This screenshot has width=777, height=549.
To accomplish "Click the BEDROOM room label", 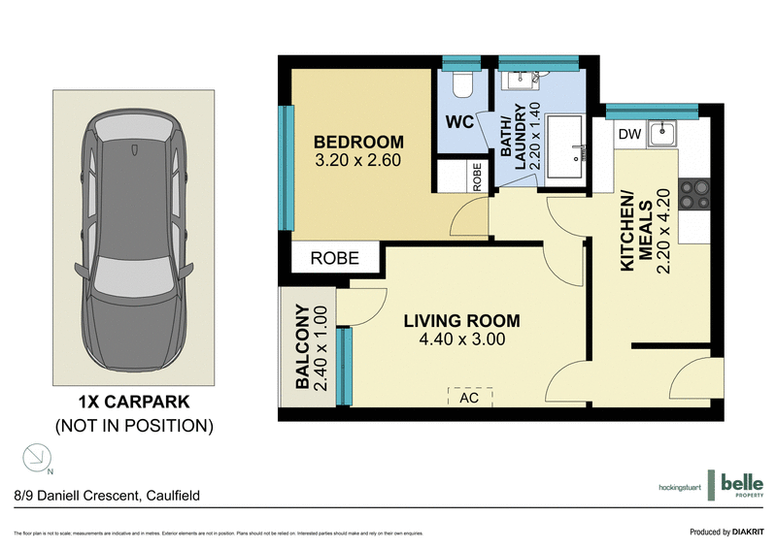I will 357,141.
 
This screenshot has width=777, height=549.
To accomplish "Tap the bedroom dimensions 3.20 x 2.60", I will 357,161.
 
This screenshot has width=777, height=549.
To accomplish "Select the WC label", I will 459,123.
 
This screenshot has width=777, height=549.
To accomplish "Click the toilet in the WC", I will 462,85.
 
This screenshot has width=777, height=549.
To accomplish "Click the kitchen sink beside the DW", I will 664,132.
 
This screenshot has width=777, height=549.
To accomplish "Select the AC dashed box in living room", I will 470,397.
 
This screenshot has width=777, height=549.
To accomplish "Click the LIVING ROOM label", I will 462,321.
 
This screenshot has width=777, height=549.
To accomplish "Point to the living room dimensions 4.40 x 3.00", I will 462,340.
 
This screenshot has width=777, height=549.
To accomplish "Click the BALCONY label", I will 302,347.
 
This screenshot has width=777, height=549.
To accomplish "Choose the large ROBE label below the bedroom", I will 334,258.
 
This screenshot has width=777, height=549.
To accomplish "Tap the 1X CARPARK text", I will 133,401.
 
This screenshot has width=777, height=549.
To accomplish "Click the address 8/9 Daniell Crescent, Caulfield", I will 107,495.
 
